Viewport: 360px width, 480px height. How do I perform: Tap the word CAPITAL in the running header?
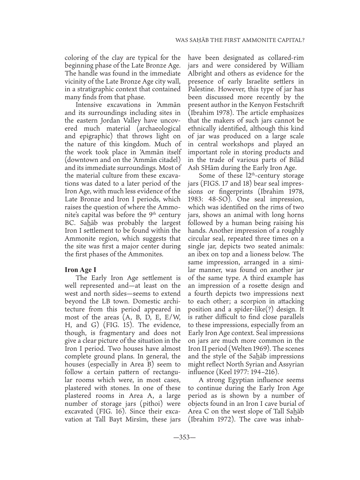pos(290,41)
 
